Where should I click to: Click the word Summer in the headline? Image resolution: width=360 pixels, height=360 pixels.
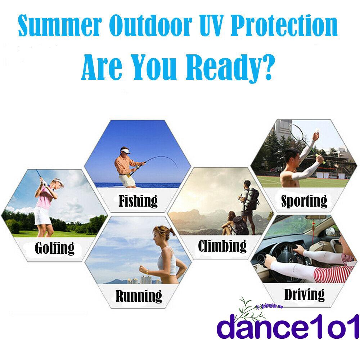tap(60, 26)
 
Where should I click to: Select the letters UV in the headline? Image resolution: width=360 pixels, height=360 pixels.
tap(212, 25)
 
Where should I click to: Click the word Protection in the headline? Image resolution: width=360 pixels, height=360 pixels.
tap(284, 25)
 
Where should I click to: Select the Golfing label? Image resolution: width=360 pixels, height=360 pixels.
tap(55, 248)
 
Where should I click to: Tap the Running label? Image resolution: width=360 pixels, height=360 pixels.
tap(139, 296)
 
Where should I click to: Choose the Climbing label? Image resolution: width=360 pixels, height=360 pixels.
tap(222, 246)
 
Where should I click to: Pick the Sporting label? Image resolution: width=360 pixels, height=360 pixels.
tap(304, 201)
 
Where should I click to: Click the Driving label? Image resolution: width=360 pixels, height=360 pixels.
tap(305, 294)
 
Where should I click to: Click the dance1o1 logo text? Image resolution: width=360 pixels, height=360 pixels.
tap(288, 326)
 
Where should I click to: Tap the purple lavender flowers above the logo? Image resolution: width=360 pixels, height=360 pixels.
tap(269, 306)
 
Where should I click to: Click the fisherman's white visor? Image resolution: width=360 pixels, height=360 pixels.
tap(125, 151)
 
